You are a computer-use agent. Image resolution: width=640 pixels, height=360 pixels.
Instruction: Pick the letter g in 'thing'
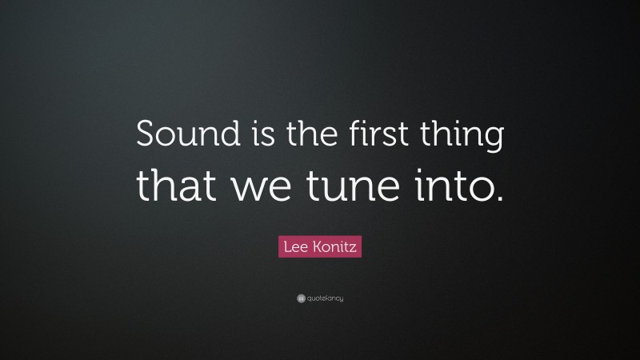pyautogui.click(x=493, y=141)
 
